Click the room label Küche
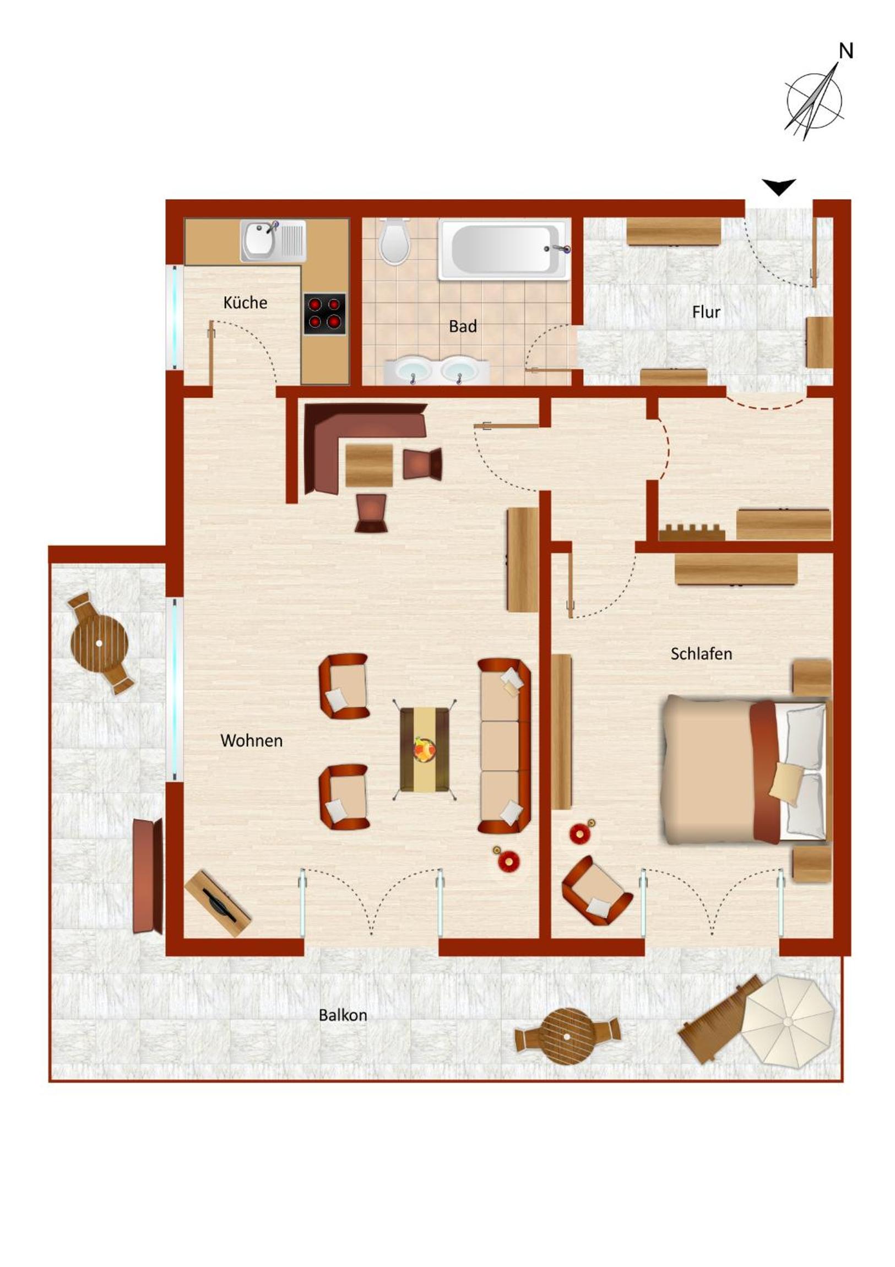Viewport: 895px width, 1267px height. pyautogui.click(x=245, y=302)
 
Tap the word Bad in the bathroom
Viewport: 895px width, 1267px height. pyautogui.click(x=463, y=326)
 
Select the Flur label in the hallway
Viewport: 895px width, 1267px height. pyautogui.click(x=706, y=312)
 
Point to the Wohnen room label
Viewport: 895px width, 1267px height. pyautogui.click(x=251, y=740)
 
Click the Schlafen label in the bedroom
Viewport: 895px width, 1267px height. pyautogui.click(x=701, y=654)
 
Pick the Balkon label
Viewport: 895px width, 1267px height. pyautogui.click(x=343, y=1015)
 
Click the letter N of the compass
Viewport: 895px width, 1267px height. pyautogui.click(x=846, y=51)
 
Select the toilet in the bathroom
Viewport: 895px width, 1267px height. pyautogui.click(x=394, y=241)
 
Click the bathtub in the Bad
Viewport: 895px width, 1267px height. pyautogui.click(x=504, y=250)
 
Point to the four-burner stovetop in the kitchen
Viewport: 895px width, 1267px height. pyautogui.click(x=324, y=313)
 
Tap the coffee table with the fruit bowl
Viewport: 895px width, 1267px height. pyautogui.click(x=424, y=749)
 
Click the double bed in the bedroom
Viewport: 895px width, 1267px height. pyautogui.click(x=747, y=770)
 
